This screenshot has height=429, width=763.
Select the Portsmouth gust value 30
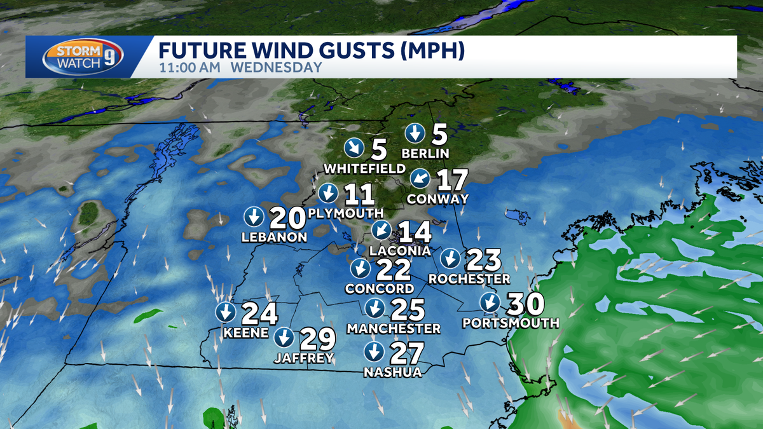tap(526, 303)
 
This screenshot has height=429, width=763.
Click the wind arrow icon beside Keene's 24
tap(225, 312)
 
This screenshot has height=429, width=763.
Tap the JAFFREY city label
tap(304, 358)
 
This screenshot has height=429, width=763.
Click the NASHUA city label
tap(392, 372)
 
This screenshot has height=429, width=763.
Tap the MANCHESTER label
tap(394, 329)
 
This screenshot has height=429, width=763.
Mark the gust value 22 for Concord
tap(393, 269)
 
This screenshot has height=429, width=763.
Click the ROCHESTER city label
tap(469, 279)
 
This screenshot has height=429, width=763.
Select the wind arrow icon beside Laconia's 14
tap(381, 229)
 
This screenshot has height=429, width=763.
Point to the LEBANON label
tap(275, 238)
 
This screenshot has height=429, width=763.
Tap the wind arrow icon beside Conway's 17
tap(420, 179)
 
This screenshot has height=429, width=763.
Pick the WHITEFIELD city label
tap(364, 168)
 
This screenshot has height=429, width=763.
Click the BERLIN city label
tap(426, 153)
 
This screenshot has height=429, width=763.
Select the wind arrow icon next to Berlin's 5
tap(416, 133)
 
